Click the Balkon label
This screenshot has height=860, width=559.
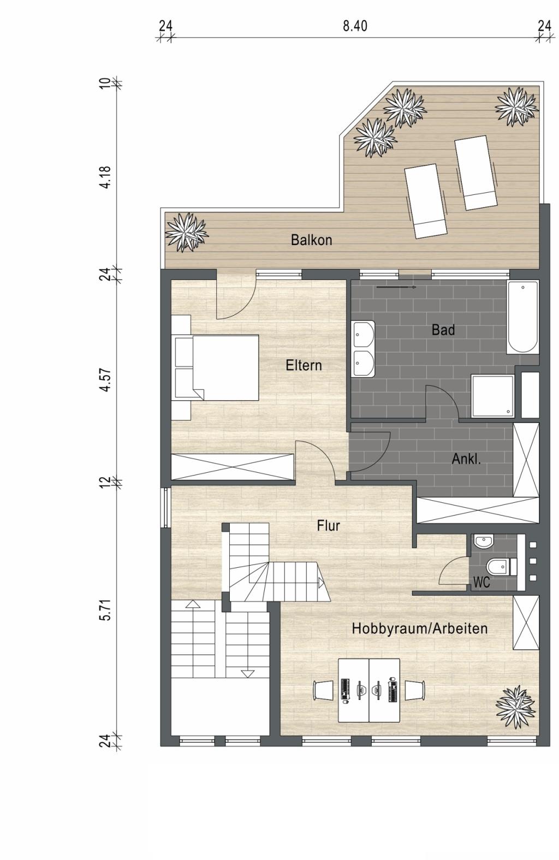pyautogui.click(x=311, y=240)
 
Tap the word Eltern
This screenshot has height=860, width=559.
pyautogui.click(x=304, y=365)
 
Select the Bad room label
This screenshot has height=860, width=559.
pyautogui.click(x=443, y=330)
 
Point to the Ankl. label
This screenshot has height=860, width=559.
pyautogui.click(x=466, y=459)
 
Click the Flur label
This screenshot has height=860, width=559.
pyautogui.click(x=329, y=526)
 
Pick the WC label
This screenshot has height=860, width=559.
pyautogui.click(x=481, y=583)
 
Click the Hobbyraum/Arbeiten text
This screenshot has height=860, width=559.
pyautogui.click(x=420, y=628)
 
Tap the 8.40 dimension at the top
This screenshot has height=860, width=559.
pyautogui.click(x=355, y=26)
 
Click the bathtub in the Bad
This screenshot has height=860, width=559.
pyautogui.click(x=522, y=317)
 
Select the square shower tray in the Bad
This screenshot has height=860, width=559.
pyautogui.click(x=492, y=396)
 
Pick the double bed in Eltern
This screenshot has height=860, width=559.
pyautogui.click(x=217, y=368)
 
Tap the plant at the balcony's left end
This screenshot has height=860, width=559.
pyautogui.click(x=187, y=233)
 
